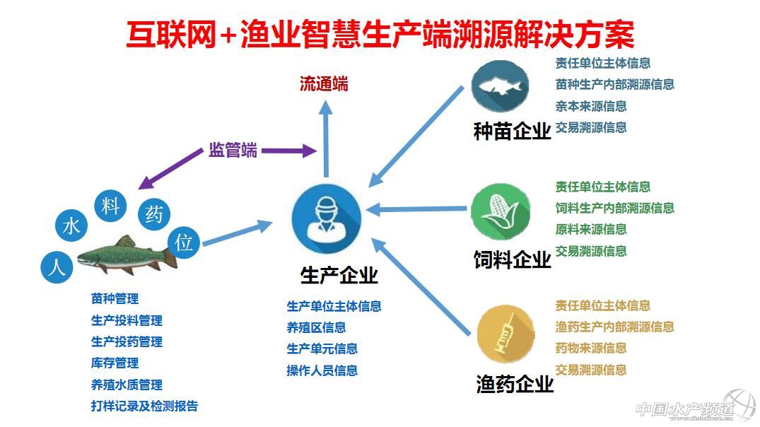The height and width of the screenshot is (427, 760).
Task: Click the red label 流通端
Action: coord(324,85)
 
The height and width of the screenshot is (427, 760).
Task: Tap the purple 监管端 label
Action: coord(233,151)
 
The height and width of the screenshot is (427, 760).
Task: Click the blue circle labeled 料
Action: coord(110,207)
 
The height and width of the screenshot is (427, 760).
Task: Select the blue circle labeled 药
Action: coord(153,214)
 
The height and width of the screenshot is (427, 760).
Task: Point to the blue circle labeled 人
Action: coord(57,267)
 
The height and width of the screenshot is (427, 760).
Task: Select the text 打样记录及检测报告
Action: coord(144,406)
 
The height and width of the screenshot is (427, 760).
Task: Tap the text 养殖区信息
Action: coord(316,327)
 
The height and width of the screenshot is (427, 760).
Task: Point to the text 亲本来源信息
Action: coord(591,107)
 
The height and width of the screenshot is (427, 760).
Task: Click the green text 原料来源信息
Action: coord(591,230)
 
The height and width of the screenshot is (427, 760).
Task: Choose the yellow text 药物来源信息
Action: coord(591,349)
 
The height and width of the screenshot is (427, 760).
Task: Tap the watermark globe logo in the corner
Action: coord(739,404)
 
